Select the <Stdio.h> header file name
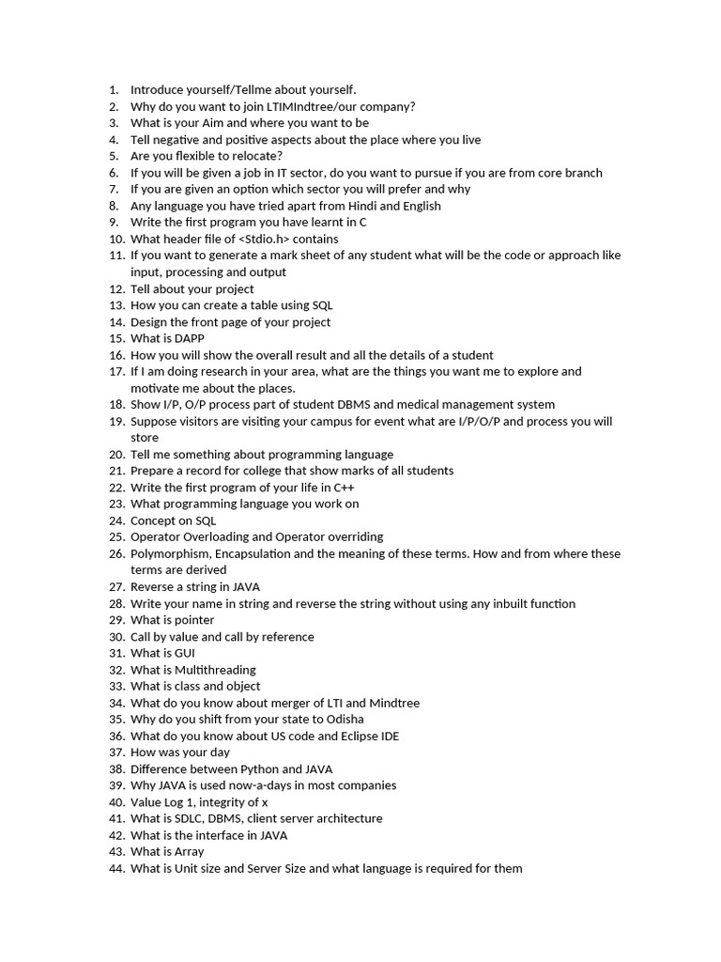[x=270, y=239]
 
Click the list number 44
[x=115, y=868]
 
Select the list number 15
[x=115, y=338]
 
